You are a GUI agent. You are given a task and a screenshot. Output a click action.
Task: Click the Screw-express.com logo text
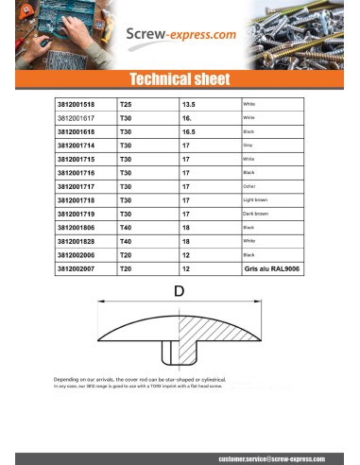(x=180, y=36)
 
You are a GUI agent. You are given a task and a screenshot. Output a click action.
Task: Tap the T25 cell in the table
(x=126, y=104)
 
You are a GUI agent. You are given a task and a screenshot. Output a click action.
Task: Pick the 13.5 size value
(x=187, y=104)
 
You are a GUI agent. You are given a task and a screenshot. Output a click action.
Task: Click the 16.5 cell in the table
(x=187, y=131)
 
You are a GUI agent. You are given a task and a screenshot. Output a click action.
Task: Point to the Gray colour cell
(x=249, y=146)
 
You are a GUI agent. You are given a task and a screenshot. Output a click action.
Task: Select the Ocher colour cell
(x=250, y=187)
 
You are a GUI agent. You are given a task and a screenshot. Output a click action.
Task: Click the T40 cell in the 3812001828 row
(x=126, y=242)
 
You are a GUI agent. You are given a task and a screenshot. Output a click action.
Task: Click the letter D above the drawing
(x=180, y=293)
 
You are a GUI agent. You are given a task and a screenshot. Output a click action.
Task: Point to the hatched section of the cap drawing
(x=227, y=330)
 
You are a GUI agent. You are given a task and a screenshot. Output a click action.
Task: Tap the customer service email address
(x=283, y=456)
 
